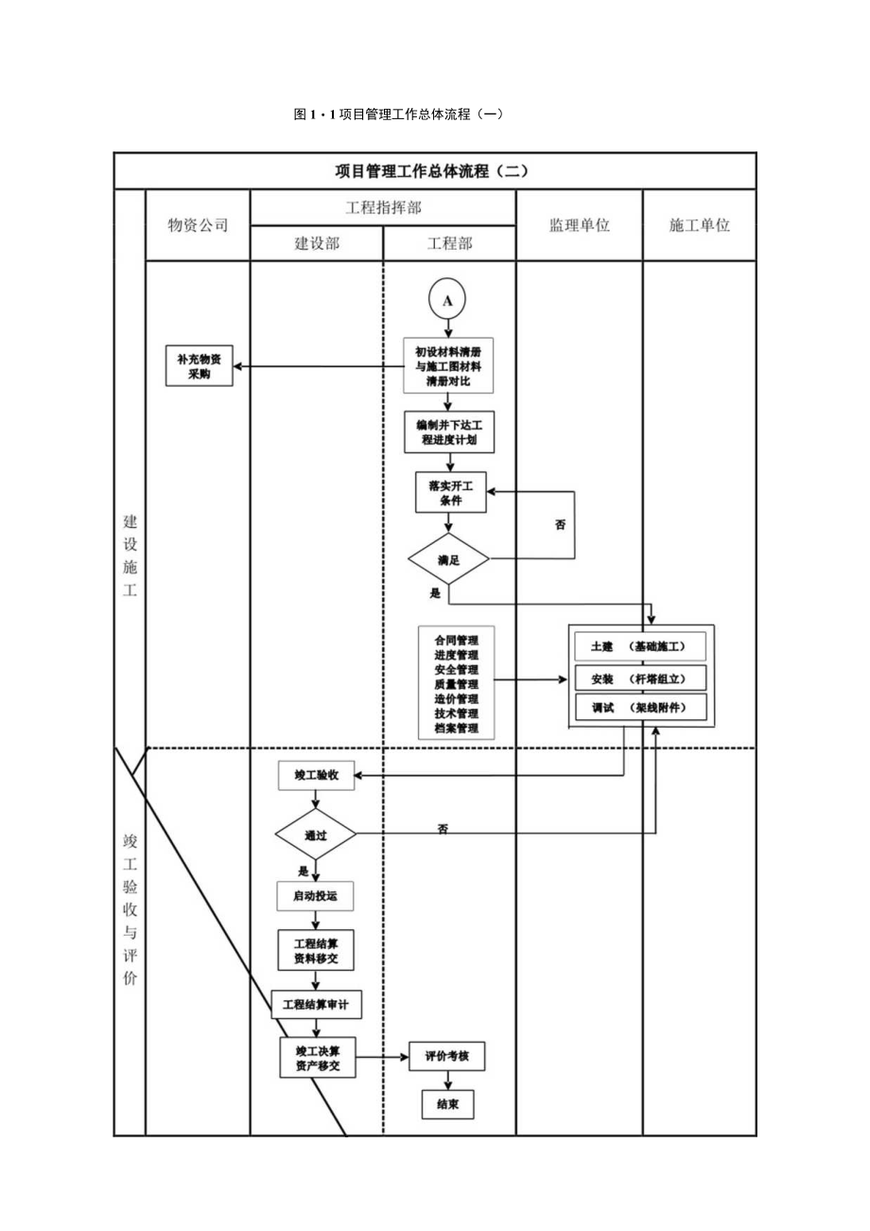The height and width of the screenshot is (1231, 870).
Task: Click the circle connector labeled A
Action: [x=448, y=300]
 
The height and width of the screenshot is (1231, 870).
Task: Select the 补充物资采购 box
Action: [x=199, y=366]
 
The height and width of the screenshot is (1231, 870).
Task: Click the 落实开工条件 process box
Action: [x=450, y=492]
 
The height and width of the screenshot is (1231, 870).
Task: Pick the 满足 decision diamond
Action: [x=448, y=559]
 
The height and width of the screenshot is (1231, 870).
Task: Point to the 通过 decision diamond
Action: [x=316, y=835]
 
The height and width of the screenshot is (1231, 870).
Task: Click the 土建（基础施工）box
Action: [x=640, y=646]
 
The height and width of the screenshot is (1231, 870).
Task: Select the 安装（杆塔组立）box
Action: [x=640, y=678]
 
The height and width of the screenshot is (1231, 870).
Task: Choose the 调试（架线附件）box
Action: [x=640, y=708]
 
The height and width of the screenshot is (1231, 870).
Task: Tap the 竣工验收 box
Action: [x=316, y=776]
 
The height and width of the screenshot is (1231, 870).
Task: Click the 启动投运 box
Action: [x=316, y=896]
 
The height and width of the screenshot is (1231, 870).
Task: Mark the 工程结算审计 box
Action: [x=316, y=1005]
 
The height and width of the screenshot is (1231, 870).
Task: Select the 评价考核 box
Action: [x=446, y=1057]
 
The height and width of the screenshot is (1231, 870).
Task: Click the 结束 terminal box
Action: [x=447, y=1104]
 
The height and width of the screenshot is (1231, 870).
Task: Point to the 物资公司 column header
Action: [x=198, y=225]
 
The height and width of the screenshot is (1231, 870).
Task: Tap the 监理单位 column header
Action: [x=579, y=225]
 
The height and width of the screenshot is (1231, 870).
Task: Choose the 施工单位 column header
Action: [x=699, y=225]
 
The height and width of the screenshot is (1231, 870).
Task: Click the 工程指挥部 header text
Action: [x=383, y=208]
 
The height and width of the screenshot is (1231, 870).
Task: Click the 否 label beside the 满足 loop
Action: [x=560, y=523]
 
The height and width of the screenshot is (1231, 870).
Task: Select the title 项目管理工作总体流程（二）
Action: [x=434, y=171]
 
